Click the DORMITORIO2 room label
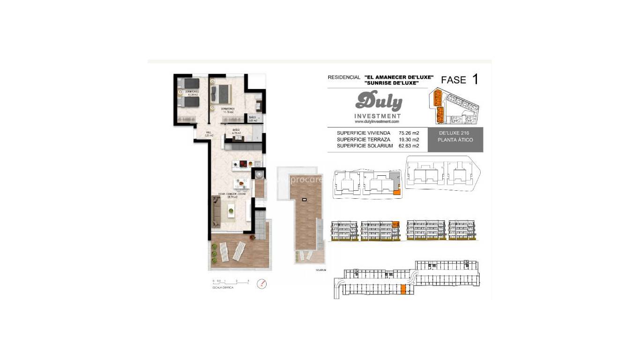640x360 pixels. point(192,92)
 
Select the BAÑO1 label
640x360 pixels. point(253,119)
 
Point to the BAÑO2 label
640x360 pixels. point(236,131)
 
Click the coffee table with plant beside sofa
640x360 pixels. point(231,211)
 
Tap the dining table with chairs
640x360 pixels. point(242,182)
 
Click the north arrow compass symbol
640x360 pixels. point(261,284)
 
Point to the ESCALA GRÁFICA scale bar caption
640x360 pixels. point(223,287)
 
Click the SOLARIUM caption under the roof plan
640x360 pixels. point(320,270)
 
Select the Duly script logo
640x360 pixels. point(378,101)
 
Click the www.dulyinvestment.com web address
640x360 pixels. point(377,121)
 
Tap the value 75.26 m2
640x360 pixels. point(409,133)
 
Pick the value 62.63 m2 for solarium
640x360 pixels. point(409,146)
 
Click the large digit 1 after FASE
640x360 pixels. point(475,79)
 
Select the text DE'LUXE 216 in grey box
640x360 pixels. point(454,134)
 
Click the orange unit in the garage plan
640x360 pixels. point(403,290)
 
